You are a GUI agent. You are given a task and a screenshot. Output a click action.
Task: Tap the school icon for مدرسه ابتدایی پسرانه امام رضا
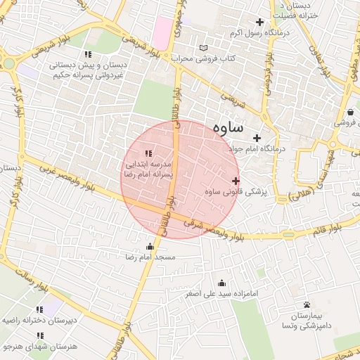click(148, 153)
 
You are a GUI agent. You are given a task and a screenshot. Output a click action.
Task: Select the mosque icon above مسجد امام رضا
click(150, 246)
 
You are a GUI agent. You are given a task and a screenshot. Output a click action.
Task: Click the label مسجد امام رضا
click(150, 258)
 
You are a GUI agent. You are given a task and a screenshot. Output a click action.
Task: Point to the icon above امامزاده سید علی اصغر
click(221, 283)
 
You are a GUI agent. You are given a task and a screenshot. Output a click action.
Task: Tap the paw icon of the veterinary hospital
click(307, 304)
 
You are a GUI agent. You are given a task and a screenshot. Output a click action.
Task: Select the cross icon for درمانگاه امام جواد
click(257, 138)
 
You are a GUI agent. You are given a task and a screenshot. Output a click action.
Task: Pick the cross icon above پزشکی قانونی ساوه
click(236, 181)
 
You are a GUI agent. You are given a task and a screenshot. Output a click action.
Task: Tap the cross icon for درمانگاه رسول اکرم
click(261, 22)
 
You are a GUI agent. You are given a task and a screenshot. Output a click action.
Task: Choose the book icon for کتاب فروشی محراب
click(204, 48)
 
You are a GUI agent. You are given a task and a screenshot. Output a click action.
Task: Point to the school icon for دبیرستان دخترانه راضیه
click(39, 309)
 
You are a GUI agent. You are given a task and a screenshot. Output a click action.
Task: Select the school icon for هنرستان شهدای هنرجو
click(39, 335)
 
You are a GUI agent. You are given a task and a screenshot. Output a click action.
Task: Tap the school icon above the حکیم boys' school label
click(88, 54)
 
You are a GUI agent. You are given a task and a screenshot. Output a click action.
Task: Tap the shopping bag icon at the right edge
click(350, 112)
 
